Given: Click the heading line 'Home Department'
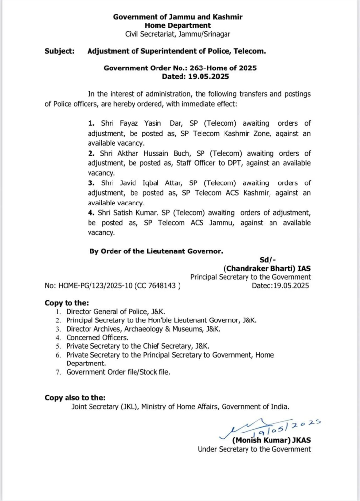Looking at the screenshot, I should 178,25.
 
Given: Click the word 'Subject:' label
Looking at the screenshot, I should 60,51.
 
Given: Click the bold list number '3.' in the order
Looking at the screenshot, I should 91,183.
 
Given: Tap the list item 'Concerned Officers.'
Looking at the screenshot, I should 98,338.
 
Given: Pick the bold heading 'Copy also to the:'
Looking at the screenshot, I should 75,398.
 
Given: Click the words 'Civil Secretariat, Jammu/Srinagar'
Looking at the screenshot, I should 178,34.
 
